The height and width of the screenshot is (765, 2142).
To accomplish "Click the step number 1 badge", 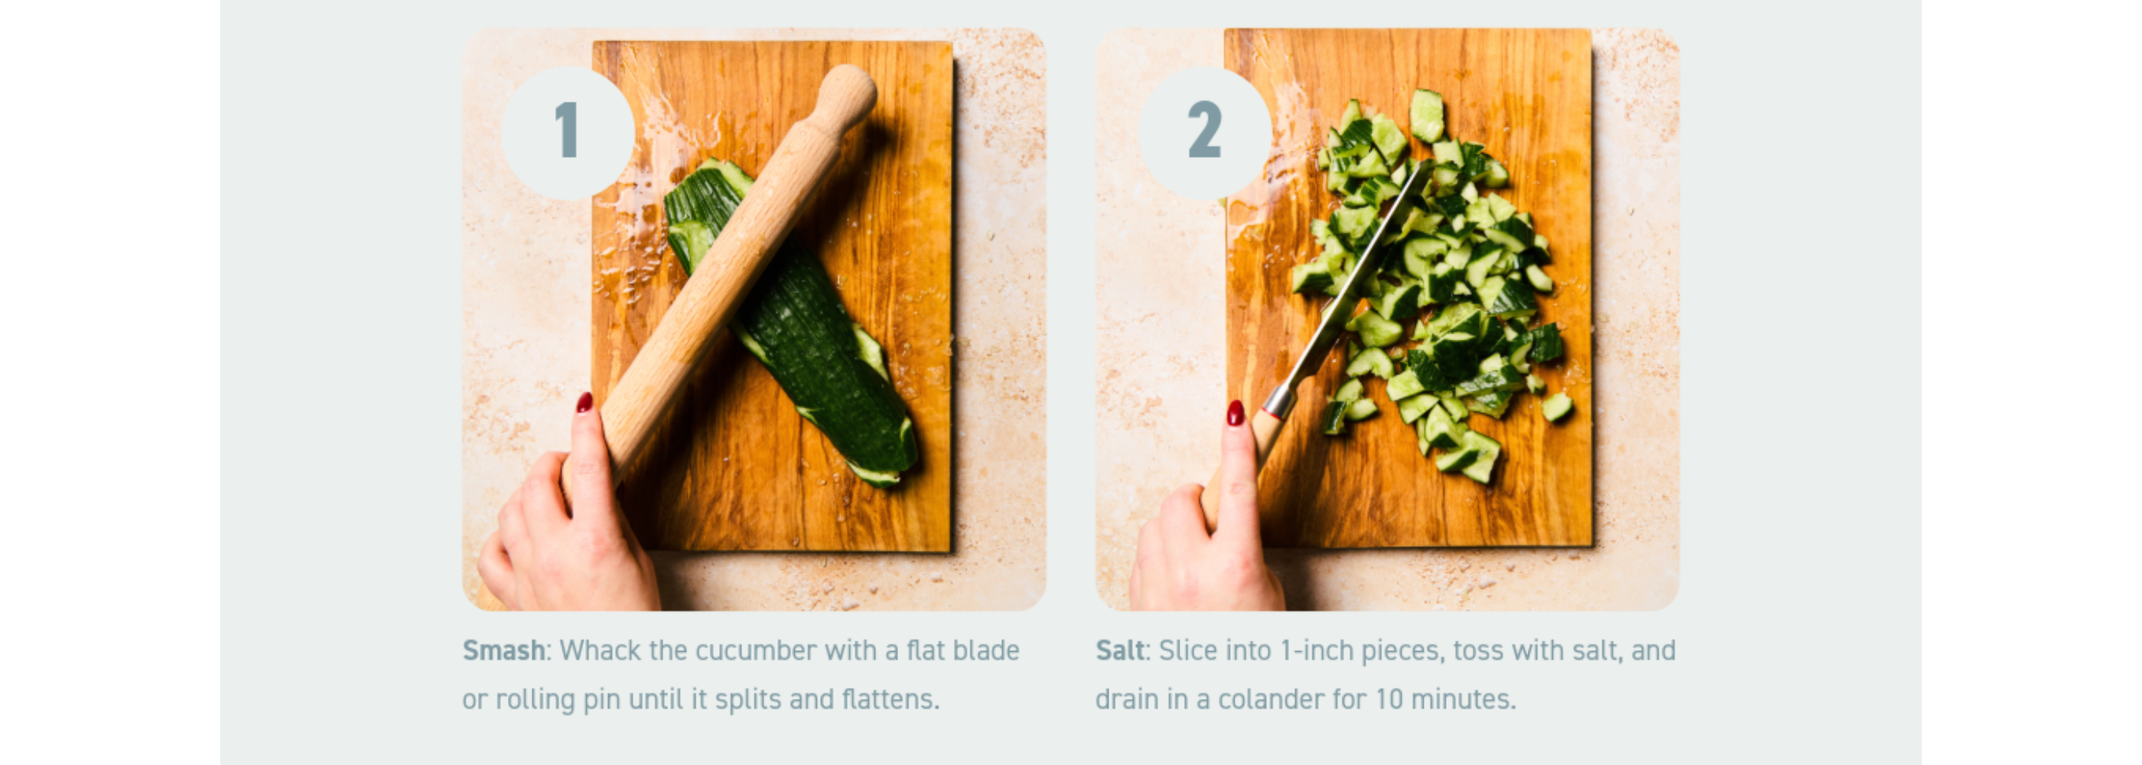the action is (568, 132).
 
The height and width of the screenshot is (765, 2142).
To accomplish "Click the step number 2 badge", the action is (1205, 132).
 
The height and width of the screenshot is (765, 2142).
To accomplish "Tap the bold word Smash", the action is (504, 650).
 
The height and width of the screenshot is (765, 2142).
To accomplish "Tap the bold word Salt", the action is (1120, 650).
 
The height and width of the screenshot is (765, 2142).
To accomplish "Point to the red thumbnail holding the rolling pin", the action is (584, 402).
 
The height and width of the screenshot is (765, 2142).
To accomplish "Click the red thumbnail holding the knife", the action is (1235, 412).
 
